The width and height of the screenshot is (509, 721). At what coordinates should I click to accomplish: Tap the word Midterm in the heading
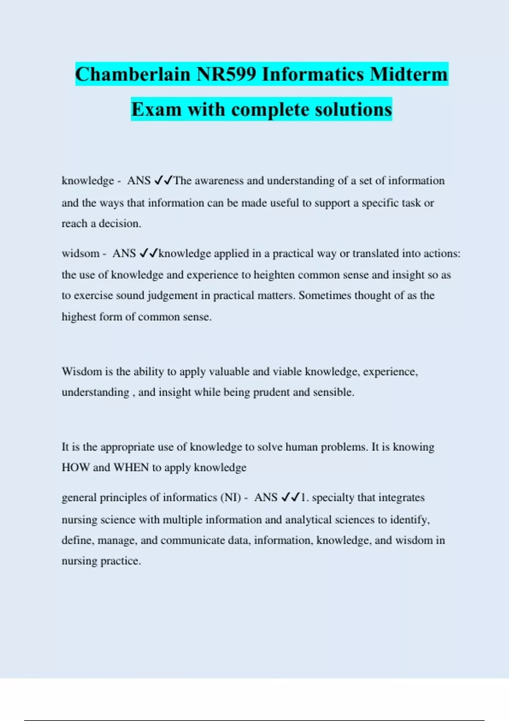coord(408,74)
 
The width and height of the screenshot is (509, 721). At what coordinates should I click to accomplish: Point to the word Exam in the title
coord(156,109)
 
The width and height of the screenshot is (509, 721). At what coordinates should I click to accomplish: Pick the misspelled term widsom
coord(81,254)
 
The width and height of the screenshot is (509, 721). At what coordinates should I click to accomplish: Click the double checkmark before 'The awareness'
coord(163,181)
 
